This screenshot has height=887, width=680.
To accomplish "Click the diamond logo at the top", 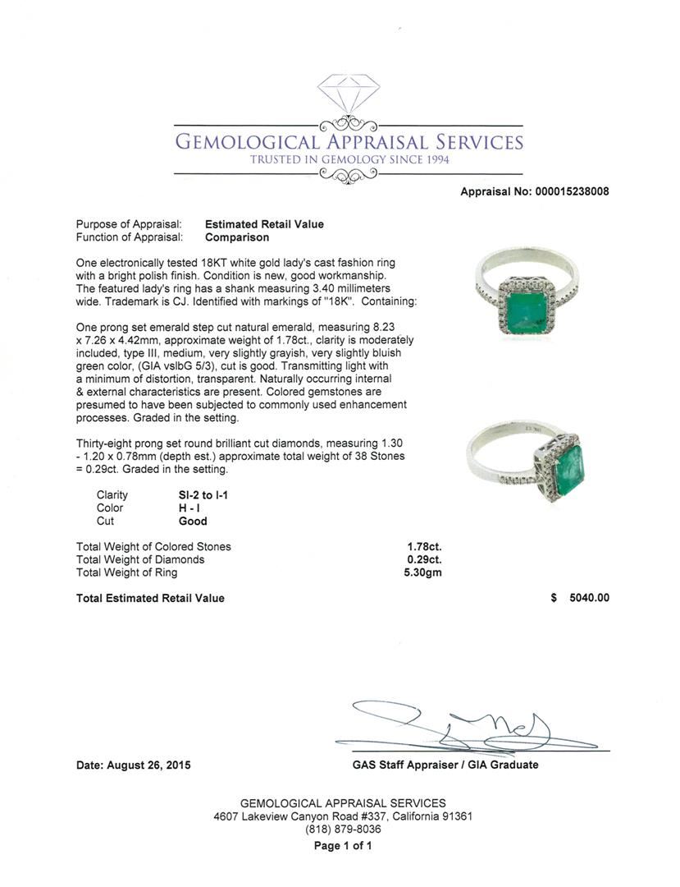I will pos(349,94).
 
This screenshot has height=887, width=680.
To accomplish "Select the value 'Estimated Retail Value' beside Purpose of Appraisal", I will pos(264,224).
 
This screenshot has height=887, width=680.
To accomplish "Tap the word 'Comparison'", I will pos(237,237).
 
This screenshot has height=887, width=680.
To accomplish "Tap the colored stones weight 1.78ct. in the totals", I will pos(424,546).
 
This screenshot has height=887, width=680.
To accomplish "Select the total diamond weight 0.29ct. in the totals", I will pos(424,559).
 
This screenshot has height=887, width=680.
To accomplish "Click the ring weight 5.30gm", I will pos(424,572).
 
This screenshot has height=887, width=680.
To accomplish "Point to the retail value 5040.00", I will pos(590,598).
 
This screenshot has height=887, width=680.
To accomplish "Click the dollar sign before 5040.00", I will pos(554,598).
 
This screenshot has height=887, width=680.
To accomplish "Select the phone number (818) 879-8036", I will pos(343,830).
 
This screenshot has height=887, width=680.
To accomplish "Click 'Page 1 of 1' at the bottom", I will pos(343,846).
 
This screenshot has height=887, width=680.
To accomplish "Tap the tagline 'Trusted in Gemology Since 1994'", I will pos(349,159).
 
